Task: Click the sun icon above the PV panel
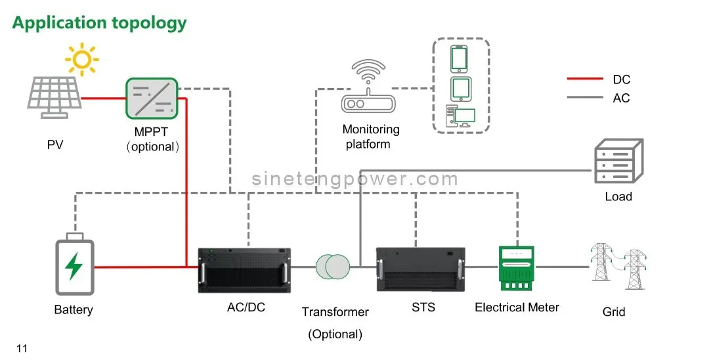coord(81,60)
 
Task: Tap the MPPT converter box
coord(152,97)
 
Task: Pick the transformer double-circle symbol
coord(333,267)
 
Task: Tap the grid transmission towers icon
coord(618,267)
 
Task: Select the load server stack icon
coord(618,162)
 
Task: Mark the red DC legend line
coord(584,79)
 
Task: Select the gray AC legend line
coord(584,98)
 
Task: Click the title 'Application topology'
coord(99,23)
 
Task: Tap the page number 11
coord(22,348)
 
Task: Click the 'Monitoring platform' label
coord(370,137)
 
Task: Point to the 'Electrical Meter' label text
coord(517,307)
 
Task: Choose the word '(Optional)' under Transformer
coord(335,334)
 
